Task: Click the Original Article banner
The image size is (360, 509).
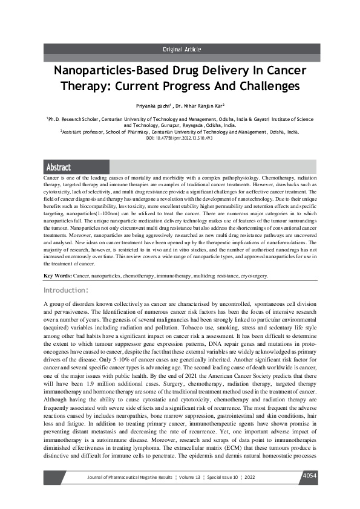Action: click(x=182, y=49)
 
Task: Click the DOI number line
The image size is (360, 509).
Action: click(x=180, y=138)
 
